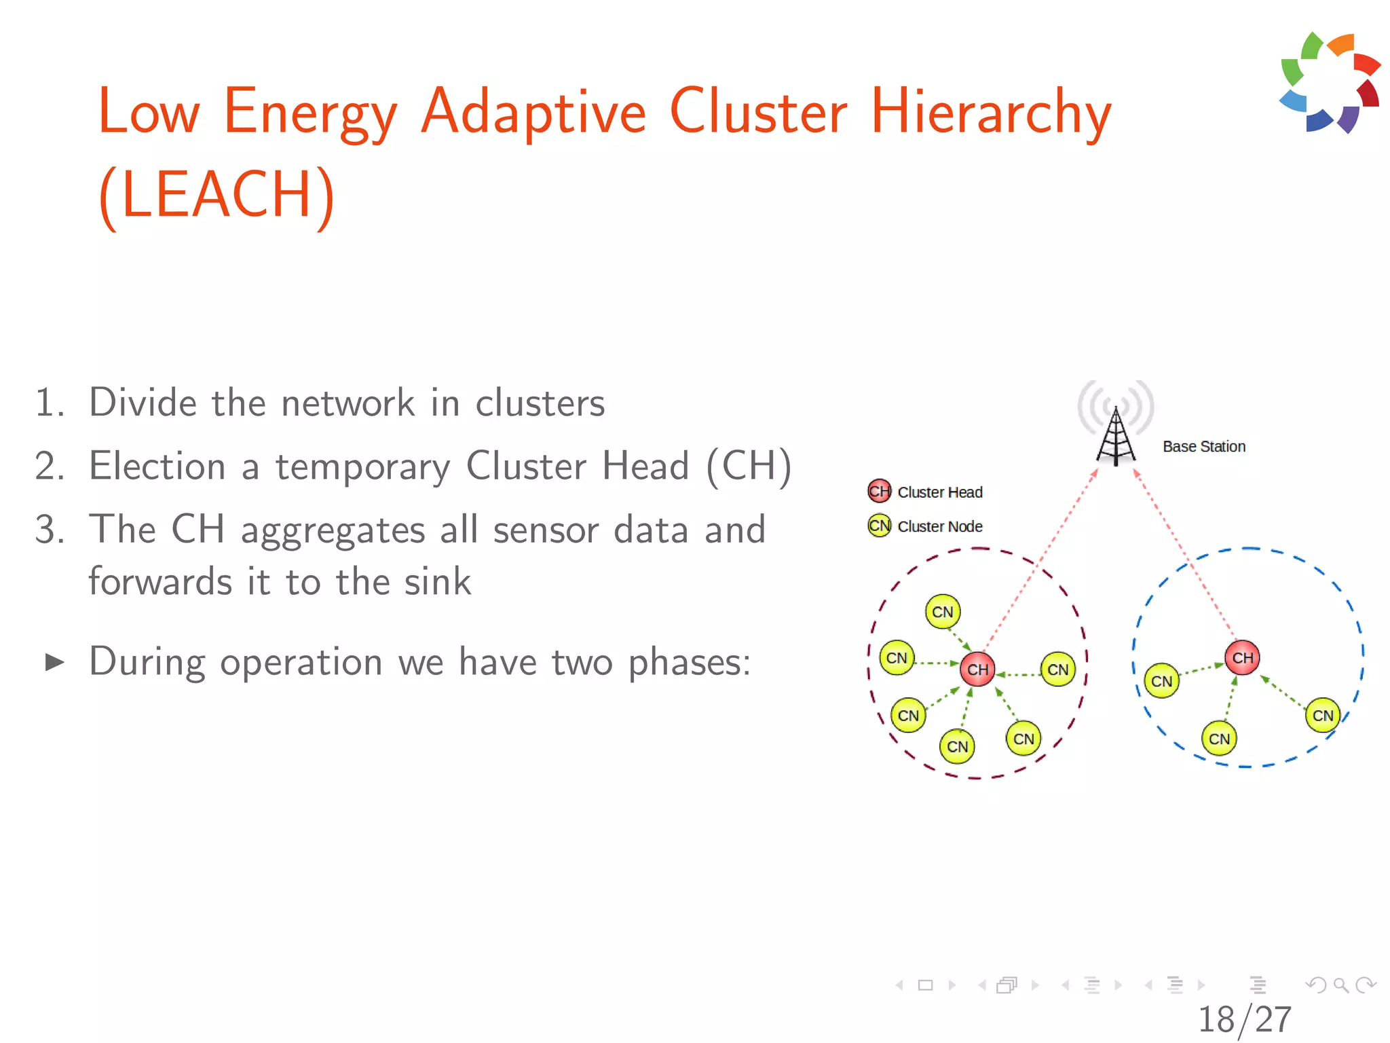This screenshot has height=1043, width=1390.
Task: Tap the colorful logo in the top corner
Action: coord(1330,82)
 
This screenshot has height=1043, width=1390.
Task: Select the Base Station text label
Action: coord(1204,446)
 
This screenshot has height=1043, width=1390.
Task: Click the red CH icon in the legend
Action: coord(879,491)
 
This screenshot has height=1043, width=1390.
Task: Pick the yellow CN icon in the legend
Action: coord(879,526)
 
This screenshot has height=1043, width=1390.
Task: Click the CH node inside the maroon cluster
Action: coord(977,670)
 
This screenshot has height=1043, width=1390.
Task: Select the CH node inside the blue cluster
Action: coord(1242,657)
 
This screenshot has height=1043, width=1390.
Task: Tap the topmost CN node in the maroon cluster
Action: coord(942,612)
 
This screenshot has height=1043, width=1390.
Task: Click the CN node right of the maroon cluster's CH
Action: coord(1057,670)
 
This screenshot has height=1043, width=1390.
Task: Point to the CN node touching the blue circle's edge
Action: coord(1322,715)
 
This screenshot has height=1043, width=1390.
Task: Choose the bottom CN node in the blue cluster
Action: coord(1219,739)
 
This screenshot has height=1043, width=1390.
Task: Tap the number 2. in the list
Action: coord(50,466)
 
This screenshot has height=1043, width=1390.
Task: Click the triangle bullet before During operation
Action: coord(54,662)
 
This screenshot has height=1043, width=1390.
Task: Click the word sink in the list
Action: coord(437,582)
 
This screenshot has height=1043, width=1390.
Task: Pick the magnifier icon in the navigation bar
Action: coord(1340,985)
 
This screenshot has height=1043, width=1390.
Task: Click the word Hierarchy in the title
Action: coord(991,112)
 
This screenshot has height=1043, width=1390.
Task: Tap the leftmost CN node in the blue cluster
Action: coord(1161,681)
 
